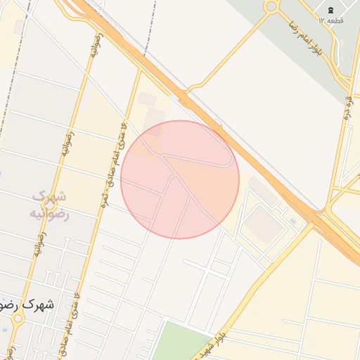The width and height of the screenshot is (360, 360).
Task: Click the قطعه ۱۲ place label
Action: [331, 21]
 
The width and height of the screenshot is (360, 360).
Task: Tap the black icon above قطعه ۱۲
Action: [330, 8]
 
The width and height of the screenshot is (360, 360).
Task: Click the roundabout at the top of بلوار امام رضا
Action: [271, 6]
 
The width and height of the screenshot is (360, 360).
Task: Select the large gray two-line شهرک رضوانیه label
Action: [50, 204]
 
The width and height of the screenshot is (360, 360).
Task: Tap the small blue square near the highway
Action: [292, 221]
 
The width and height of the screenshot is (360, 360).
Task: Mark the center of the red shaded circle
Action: [180, 179]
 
